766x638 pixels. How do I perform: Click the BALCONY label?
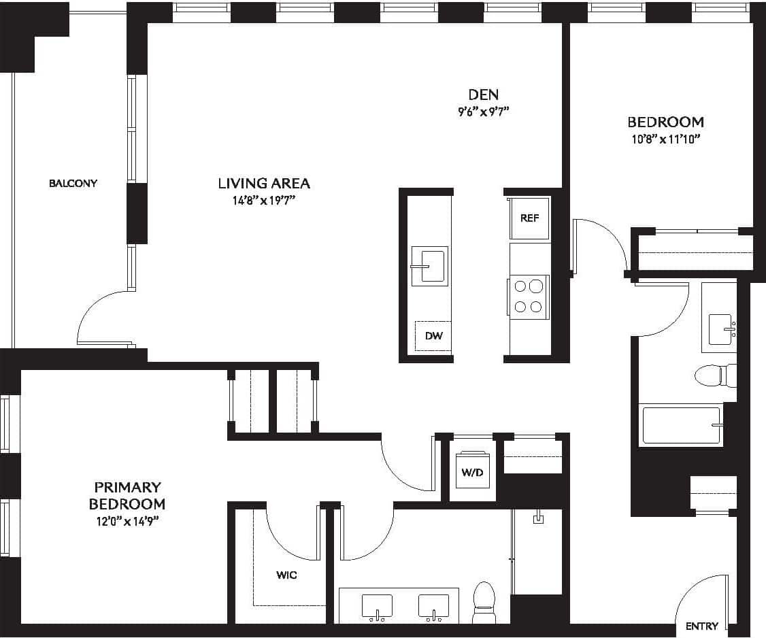73,183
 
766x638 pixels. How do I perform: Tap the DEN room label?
483,95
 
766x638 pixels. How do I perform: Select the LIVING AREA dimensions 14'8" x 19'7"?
264,201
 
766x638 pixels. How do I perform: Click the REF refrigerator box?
529,218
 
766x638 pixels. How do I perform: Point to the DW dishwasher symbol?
433,336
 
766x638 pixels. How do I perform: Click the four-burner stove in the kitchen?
529,296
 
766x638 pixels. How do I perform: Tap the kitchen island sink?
430,266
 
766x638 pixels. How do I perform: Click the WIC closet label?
286,575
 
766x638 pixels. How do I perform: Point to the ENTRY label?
701,626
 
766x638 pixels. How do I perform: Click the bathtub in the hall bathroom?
681,426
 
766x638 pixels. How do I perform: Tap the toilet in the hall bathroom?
714,375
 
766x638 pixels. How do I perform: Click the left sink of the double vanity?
377,605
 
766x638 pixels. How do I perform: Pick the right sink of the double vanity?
433,605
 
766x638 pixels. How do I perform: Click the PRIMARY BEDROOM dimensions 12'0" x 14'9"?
128,522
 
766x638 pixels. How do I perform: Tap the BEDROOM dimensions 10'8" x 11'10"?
665,139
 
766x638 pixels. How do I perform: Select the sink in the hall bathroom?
720,329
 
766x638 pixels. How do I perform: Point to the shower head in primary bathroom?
539,518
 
